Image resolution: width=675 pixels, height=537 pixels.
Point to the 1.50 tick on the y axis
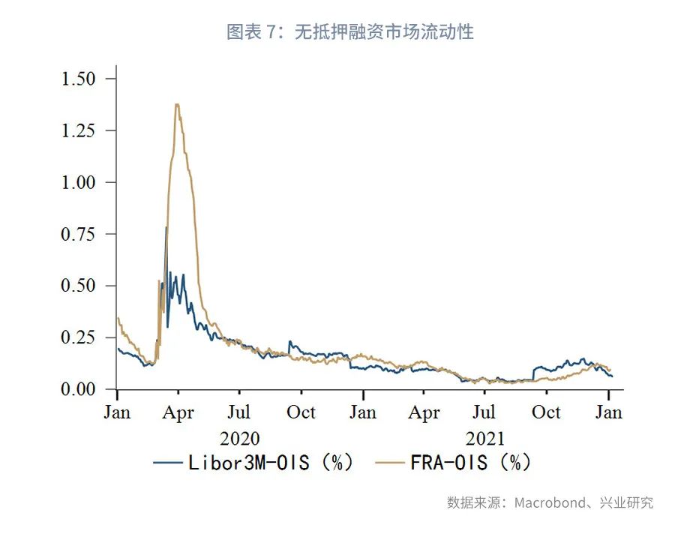(x=79, y=79)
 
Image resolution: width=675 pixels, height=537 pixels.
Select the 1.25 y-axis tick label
(x=79, y=130)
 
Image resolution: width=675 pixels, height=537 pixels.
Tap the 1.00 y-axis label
(x=79, y=182)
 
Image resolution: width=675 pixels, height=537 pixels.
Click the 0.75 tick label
(x=79, y=234)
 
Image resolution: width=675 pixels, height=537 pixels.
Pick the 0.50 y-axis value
(x=79, y=286)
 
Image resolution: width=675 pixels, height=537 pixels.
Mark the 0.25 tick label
(x=79, y=337)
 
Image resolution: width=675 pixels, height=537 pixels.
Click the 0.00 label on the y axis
(x=79, y=389)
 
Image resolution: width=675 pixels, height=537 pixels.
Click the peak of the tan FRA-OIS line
(x=177, y=104)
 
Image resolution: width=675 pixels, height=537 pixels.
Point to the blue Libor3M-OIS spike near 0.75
(x=166, y=227)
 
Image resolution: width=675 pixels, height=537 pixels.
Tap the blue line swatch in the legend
(x=168, y=463)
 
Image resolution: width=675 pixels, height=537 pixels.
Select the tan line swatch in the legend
(x=391, y=463)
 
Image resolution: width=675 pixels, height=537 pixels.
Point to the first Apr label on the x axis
(x=178, y=412)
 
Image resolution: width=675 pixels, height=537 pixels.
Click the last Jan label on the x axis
(x=608, y=412)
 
